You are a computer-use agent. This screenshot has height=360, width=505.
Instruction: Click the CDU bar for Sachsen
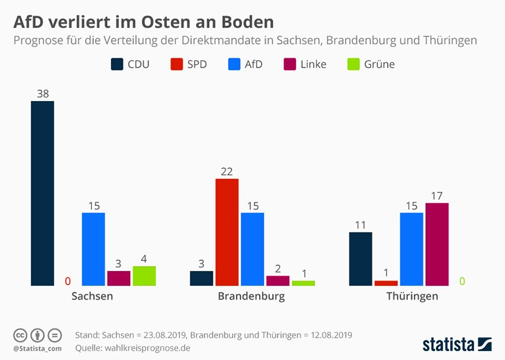(42, 193)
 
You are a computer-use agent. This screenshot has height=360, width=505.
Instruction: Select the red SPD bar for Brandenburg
(227, 232)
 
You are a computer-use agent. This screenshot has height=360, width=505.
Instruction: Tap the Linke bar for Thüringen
(437, 244)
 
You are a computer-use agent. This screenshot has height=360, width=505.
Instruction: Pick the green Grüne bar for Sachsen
(144, 276)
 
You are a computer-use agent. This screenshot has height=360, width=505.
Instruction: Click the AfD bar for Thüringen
(412, 249)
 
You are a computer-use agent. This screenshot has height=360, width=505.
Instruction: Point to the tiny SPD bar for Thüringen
(386, 283)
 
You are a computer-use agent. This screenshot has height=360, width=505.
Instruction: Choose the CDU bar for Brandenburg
(201, 278)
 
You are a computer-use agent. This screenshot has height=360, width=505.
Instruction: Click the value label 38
(42, 93)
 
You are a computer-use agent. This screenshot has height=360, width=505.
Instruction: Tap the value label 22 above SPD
(226, 171)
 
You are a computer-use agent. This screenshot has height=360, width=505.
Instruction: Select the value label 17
(437, 195)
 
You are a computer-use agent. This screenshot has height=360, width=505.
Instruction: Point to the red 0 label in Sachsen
(68, 280)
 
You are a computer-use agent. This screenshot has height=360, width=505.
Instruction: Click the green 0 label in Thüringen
(462, 280)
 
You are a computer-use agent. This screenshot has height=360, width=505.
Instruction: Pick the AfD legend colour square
(234, 64)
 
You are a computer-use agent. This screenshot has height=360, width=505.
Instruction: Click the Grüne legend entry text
(380, 64)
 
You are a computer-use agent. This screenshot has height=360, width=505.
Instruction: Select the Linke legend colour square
(291, 64)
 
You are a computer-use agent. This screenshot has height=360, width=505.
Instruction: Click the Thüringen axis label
(412, 296)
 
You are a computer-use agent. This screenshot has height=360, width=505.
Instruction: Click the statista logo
(457, 344)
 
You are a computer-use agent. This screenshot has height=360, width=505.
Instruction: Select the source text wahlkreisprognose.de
(144, 348)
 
